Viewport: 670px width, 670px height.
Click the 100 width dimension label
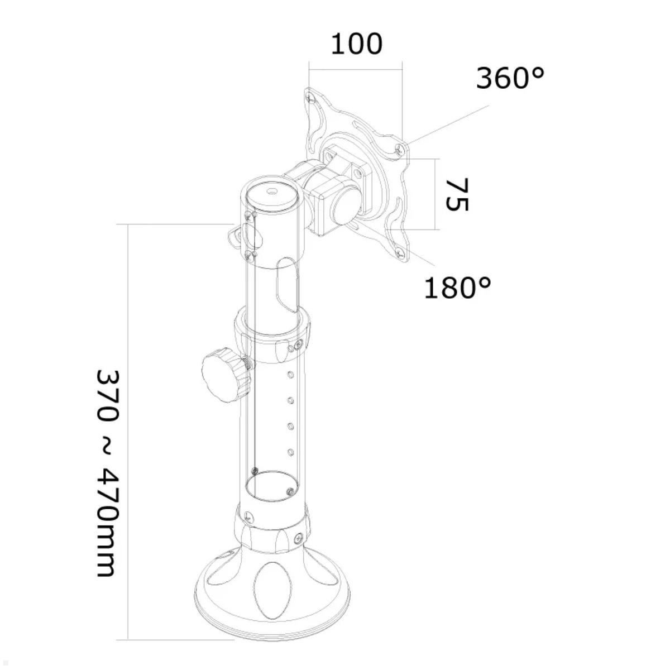click(x=357, y=44)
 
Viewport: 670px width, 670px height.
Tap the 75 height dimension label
click(x=456, y=194)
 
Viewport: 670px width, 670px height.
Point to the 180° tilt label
click(x=457, y=288)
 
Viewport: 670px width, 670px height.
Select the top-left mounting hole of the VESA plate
click(x=310, y=98)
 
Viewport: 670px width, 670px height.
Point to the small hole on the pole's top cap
click(x=271, y=192)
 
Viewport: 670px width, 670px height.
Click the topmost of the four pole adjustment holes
click(x=290, y=374)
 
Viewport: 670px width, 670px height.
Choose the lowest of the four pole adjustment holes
click(x=290, y=451)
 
